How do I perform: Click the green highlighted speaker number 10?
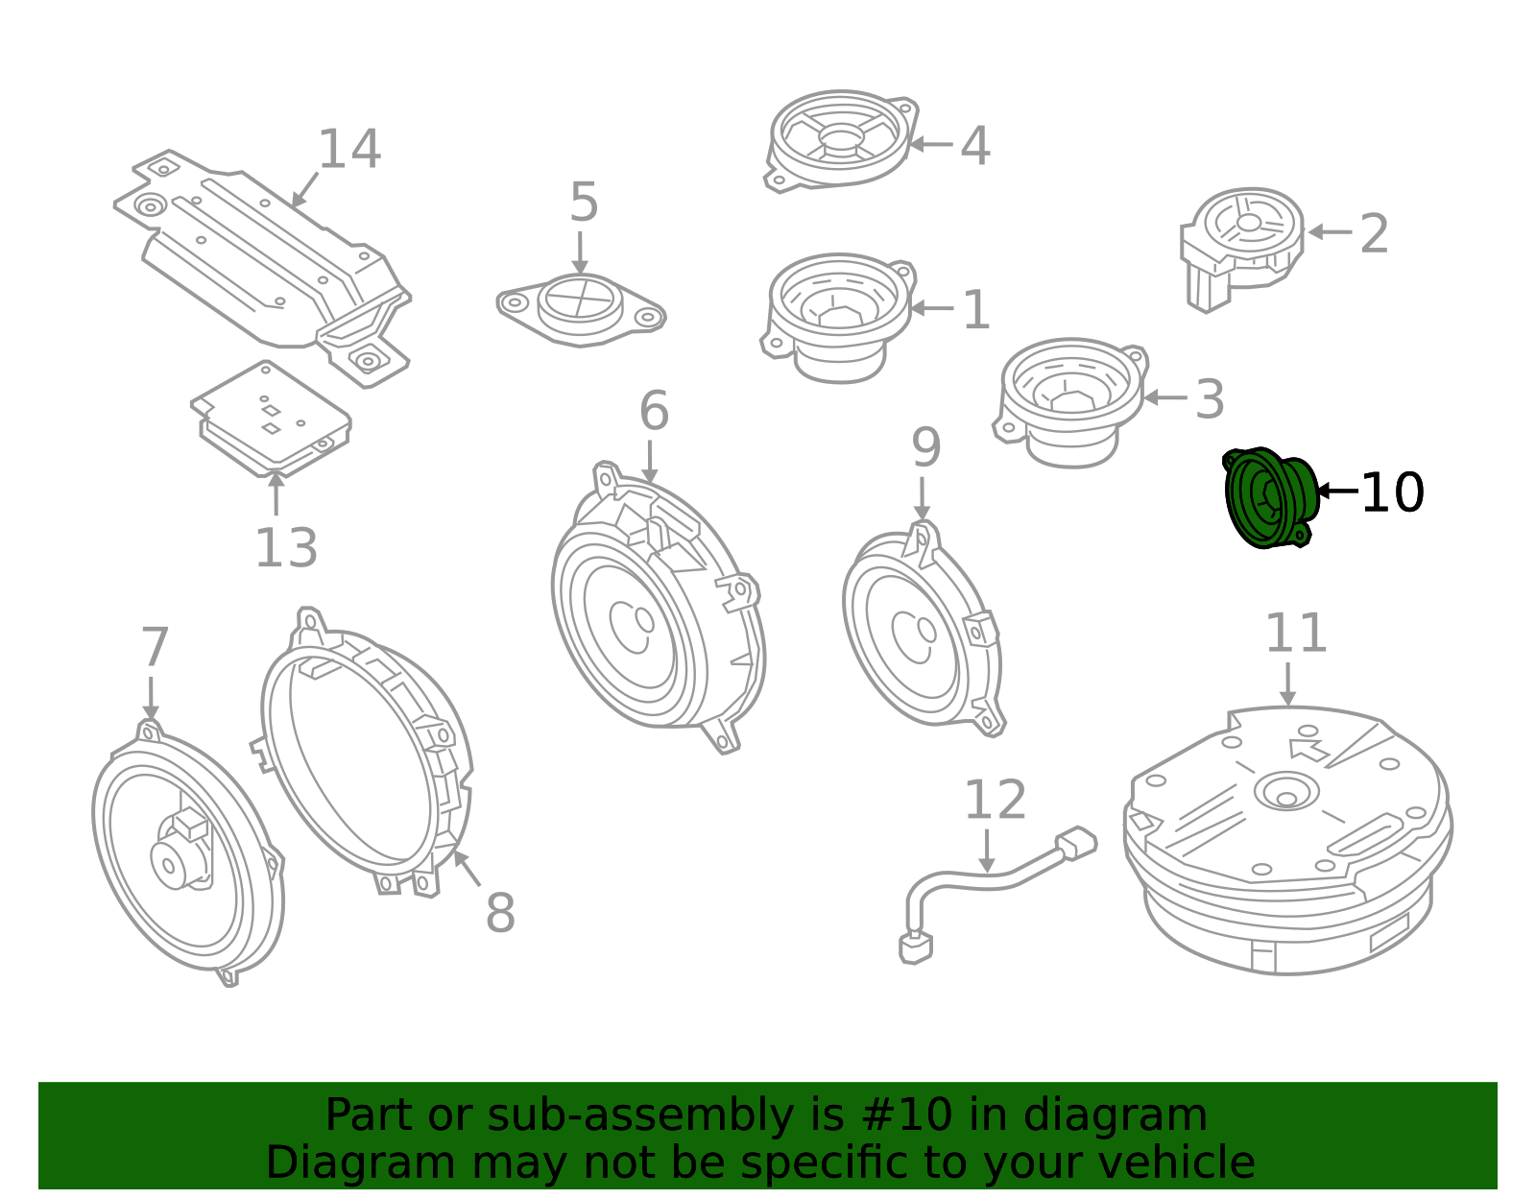pyautogui.click(x=1268, y=497)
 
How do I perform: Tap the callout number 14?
pyautogui.click(x=349, y=151)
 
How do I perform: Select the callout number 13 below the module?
pyautogui.click(x=285, y=549)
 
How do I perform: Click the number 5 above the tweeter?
pyautogui.click(x=584, y=203)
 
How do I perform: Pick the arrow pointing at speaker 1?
pyautogui.click(x=930, y=308)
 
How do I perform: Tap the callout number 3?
pyautogui.click(x=1209, y=399)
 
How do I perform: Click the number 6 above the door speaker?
pyautogui.click(x=654, y=412)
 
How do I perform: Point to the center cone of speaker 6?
pyautogui.click(x=634, y=625)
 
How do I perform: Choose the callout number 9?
pyautogui.click(x=925, y=447)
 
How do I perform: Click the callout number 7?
pyautogui.click(x=155, y=648)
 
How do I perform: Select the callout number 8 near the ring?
pyautogui.click(x=500, y=913)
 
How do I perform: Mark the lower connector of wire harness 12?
pyautogui.click(x=915, y=947)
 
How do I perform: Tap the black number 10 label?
pyautogui.click(x=1392, y=492)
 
